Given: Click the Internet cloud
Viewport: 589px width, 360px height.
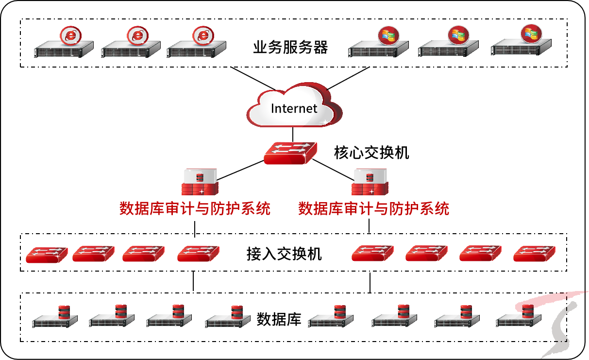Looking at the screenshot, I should [x=293, y=107].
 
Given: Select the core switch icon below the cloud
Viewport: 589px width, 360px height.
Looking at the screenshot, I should [x=290, y=153].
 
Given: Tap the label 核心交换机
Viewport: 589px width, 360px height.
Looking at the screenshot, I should [x=371, y=153].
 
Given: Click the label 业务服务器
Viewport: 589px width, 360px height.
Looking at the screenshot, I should [x=290, y=48].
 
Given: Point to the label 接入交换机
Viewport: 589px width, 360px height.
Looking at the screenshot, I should [x=284, y=254].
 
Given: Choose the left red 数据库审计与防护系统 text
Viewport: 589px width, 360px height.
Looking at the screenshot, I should [x=195, y=209].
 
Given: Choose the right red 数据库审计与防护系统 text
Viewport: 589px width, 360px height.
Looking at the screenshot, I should [x=373, y=209].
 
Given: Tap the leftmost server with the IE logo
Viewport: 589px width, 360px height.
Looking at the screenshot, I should [x=64, y=49].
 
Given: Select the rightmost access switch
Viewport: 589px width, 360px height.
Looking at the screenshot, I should [x=534, y=253].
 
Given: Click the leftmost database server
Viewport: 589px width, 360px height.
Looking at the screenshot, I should [x=55, y=319].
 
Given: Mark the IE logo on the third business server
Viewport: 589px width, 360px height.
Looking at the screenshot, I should [x=202, y=35].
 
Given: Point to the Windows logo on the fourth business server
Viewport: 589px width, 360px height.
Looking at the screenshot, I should [x=388, y=35].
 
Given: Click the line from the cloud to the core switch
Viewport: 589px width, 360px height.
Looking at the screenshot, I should [x=293, y=134].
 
